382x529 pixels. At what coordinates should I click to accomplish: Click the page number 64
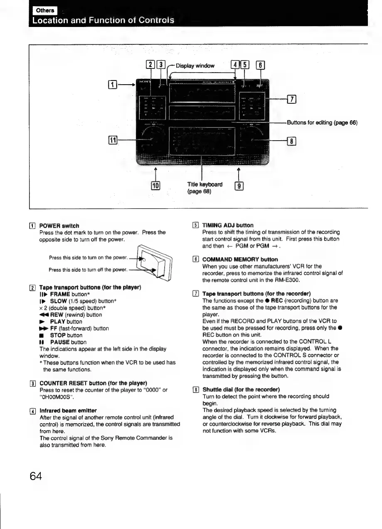click(x=35, y=475)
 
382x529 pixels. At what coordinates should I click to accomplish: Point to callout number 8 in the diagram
click(x=292, y=141)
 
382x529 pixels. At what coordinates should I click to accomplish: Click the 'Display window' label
click(x=195, y=66)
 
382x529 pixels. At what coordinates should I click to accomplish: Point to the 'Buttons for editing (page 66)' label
click(x=322, y=122)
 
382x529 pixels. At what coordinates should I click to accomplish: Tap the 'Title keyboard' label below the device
click(x=199, y=184)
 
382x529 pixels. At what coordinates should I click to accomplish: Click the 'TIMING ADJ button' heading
click(x=227, y=225)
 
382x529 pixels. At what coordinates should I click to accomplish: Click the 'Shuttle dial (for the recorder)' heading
click(x=241, y=390)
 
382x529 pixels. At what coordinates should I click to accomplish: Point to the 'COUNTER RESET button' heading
click(x=93, y=383)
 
